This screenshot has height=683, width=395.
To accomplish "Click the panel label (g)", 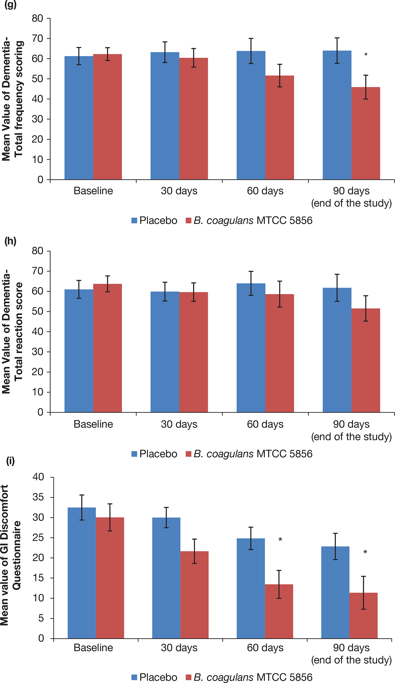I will coord(10,4).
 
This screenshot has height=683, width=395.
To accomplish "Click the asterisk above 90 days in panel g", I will coord(366,55).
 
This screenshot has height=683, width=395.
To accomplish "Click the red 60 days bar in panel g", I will coord(280,127).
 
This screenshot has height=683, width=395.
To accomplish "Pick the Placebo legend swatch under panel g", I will coord(134,220).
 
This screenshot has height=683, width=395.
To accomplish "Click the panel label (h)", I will coord(10,241).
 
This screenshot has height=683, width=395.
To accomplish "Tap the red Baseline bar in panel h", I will coord(107,348).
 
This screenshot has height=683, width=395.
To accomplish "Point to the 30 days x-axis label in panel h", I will coord(179,424).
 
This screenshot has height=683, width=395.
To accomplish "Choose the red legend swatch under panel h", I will coord(188,454).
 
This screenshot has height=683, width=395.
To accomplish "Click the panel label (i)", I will coord(10,461).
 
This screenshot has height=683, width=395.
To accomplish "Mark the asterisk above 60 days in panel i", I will coord(280,540).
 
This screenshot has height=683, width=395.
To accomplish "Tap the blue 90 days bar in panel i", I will coord(335,592).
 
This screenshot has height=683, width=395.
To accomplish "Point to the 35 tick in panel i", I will coord(39,497).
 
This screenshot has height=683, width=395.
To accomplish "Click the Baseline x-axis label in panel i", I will coord(93,648).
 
